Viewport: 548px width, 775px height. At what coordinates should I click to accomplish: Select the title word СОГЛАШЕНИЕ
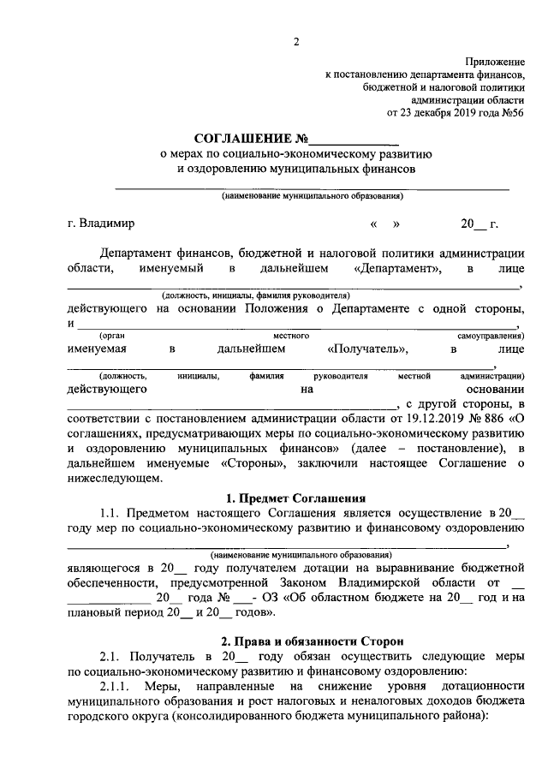pyautogui.click(x=242, y=139)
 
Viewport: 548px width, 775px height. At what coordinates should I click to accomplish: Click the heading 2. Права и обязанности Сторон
pyautogui.click(x=295, y=641)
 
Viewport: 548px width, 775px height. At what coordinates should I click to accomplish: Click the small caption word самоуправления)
pyautogui.click(x=491, y=336)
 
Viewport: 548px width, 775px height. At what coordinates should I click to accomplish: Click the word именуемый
pyautogui.click(x=170, y=269)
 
